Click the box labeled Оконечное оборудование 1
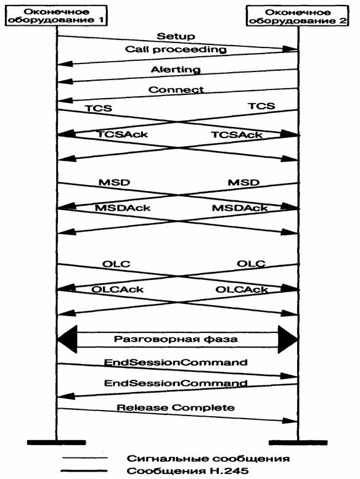[57, 15]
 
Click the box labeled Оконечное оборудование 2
[298, 16]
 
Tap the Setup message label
[176, 36]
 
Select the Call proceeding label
[176, 49]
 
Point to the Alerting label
[176, 70]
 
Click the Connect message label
[176, 90]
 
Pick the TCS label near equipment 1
[98, 108]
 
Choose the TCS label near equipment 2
[261, 106]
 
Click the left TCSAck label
[123, 134]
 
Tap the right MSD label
[243, 182]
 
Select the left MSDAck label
[123, 208]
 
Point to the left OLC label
[116, 264]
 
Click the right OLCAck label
[242, 289]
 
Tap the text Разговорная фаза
[176, 339]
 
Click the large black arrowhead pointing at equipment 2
[288, 340]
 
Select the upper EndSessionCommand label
[176, 362]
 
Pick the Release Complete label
[176, 407]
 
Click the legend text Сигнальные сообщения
[208, 459]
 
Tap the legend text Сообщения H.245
[188, 471]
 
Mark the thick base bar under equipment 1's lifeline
[57, 443]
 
